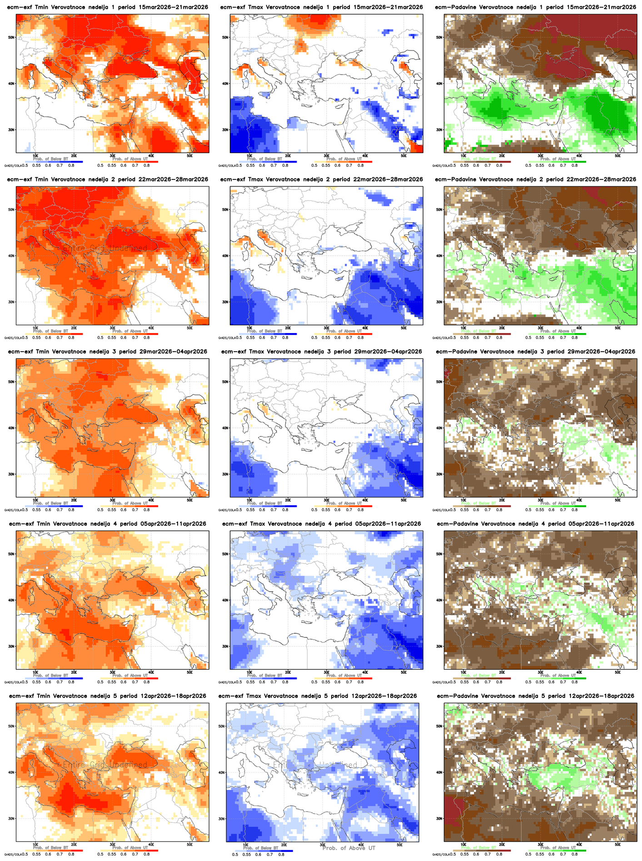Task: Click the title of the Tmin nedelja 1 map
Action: pos(107,7)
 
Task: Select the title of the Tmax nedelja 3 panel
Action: pos(321,352)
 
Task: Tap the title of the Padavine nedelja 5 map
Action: pos(535,696)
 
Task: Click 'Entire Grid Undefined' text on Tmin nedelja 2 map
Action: pos(105,249)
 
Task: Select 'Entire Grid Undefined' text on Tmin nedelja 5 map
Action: pos(105,765)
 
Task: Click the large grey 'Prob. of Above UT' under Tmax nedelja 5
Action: pos(348,848)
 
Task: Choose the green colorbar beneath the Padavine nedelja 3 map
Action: pos(557,506)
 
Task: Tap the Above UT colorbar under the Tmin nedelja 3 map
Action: pos(129,506)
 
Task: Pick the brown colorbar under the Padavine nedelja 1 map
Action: pos(482,162)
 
